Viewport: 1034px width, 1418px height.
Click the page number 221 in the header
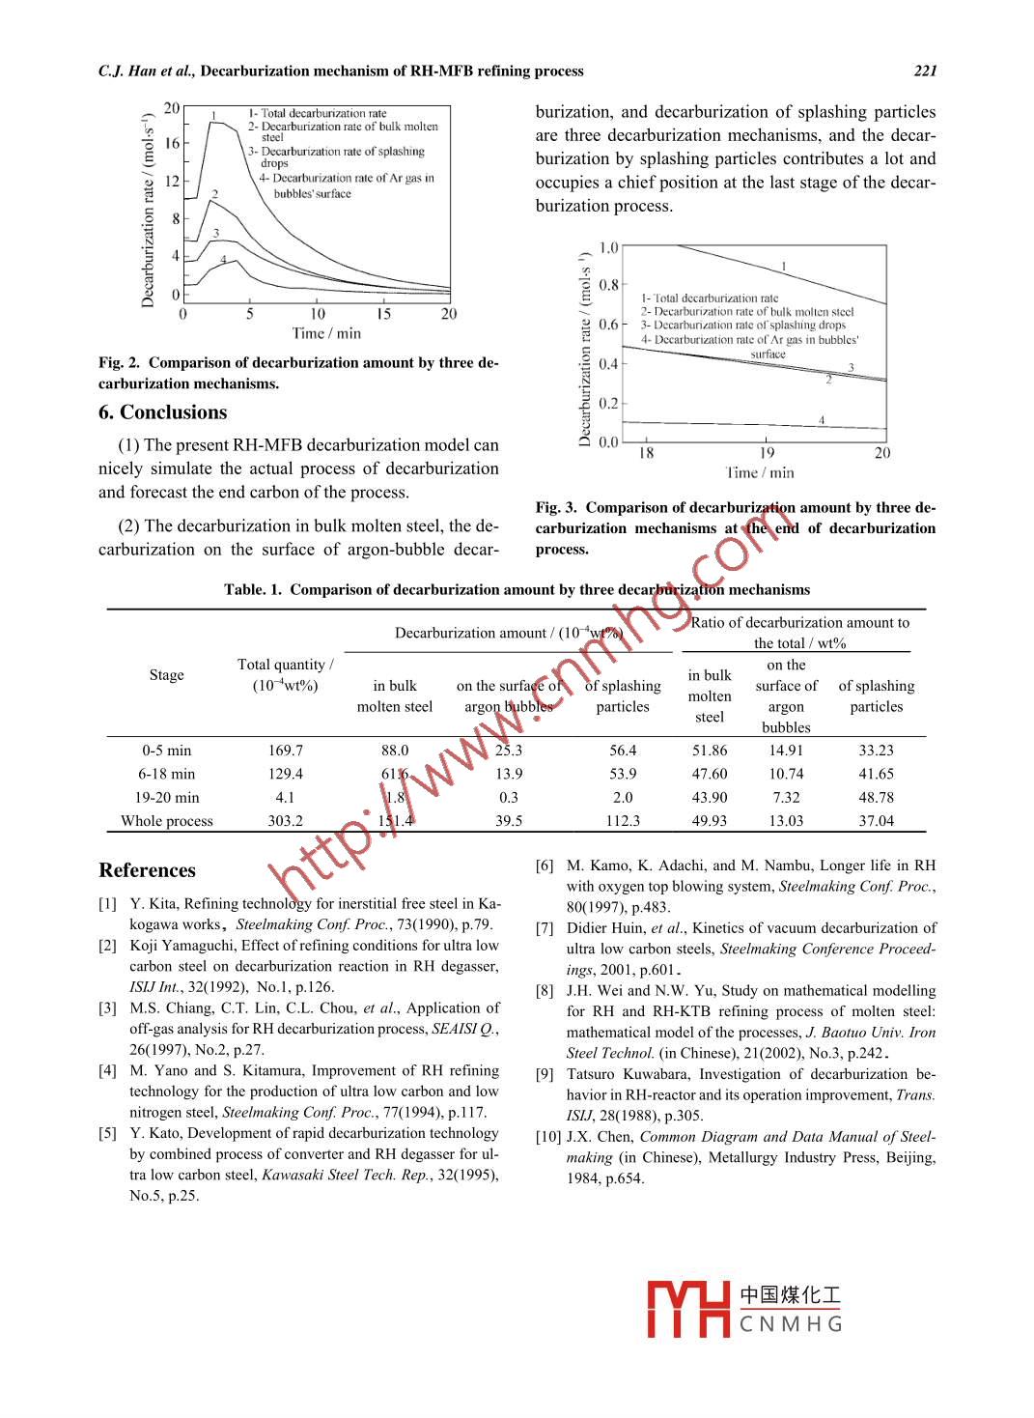[x=925, y=71]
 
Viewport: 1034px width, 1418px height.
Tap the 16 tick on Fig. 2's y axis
[x=172, y=143]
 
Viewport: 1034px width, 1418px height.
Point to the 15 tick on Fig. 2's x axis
[x=383, y=314]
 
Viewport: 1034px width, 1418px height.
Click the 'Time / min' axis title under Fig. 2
[x=326, y=333]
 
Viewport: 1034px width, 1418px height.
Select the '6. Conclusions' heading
[x=162, y=412]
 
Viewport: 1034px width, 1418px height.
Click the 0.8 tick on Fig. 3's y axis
[x=608, y=285]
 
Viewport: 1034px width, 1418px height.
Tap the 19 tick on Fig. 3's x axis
[x=767, y=453]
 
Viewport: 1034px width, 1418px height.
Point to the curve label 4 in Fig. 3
[x=822, y=419]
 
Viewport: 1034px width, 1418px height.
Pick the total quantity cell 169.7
[x=285, y=751]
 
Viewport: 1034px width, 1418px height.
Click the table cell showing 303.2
[x=285, y=821]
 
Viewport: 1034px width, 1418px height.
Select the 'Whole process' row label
[x=166, y=821]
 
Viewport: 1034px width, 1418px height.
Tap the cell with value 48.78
[x=876, y=798]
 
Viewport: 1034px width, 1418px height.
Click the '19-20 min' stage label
[x=166, y=798]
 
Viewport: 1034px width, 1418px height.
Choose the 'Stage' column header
[x=166, y=675]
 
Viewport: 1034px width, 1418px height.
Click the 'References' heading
[x=147, y=870]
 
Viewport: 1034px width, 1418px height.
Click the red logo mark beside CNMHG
[x=687, y=1309]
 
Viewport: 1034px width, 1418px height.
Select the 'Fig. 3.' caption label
[x=556, y=507]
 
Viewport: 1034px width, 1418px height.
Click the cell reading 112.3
[x=623, y=821]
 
